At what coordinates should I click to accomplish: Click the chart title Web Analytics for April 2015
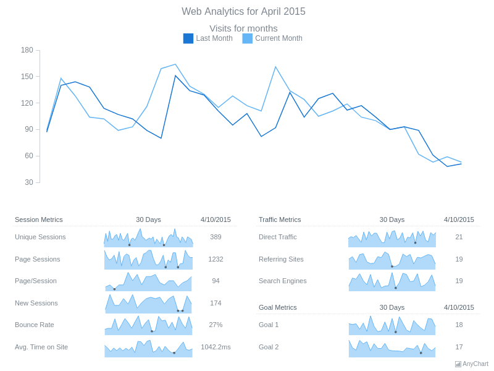click(x=243, y=11)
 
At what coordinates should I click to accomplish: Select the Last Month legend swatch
click(x=188, y=38)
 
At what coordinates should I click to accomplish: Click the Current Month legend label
click(x=278, y=38)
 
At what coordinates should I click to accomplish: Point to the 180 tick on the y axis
click(x=27, y=50)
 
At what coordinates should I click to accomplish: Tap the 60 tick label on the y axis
click(x=29, y=156)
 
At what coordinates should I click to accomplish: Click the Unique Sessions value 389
click(x=216, y=237)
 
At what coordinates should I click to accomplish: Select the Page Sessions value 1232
click(x=216, y=259)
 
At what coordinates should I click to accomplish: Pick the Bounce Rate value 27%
click(x=216, y=325)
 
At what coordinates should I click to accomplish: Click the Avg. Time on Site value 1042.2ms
click(x=216, y=347)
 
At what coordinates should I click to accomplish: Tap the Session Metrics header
click(x=39, y=220)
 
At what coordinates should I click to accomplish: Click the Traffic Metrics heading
click(x=280, y=220)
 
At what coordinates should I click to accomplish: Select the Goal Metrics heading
click(x=277, y=307)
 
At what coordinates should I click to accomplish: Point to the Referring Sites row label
click(x=281, y=259)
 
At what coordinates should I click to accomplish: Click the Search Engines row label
click(x=283, y=281)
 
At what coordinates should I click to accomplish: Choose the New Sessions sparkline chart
click(x=148, y=304)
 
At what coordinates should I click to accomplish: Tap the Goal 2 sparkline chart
click(x=392, y=348)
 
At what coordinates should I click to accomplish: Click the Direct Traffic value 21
click(x=459, y=237)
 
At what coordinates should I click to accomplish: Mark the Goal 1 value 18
click(x=459, y=325)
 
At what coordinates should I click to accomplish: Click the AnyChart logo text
click(x=475, y=364)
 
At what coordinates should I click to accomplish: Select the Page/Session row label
click(x=36, y=281)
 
